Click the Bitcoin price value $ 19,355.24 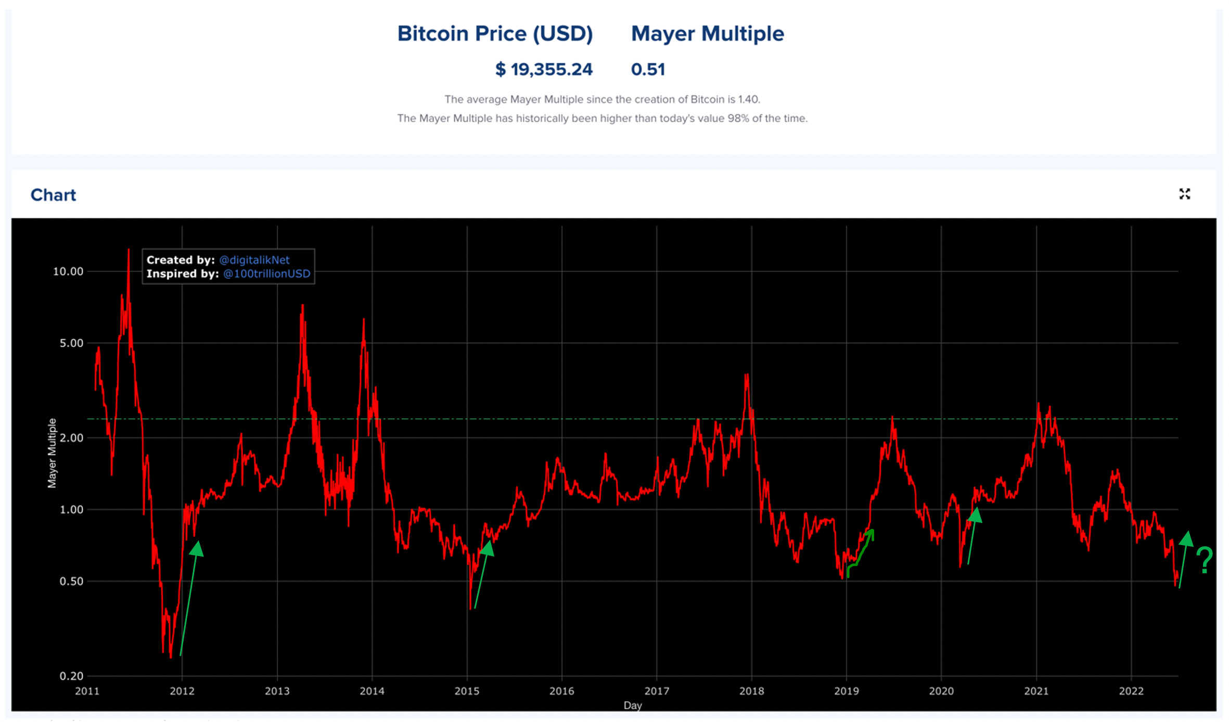click(x=544, y=69)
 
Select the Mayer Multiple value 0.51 click(x=648, y=69)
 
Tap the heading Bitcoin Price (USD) click(x=495, y=34)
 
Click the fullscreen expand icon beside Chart click(x=1185, y=194)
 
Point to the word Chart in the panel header click(x=53, y=195)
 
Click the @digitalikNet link click(x=254, y=260)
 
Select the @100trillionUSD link click(x=266, y=274)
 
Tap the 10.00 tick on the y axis click(x=68, y=272)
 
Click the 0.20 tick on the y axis click(x=71, y=676)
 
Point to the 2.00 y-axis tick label click(x=71, y=438)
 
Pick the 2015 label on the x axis click(x=467, y=691)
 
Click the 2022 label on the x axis click(x=1131, y=691)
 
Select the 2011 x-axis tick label click(x=87, y=691)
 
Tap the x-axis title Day click(x=633, y=705)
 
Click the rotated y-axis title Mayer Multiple click(x=52, y=453)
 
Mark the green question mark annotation click(x=1205, y=561)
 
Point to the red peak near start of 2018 click(x=747, y=376)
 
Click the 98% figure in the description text click(x=738, y=119)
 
